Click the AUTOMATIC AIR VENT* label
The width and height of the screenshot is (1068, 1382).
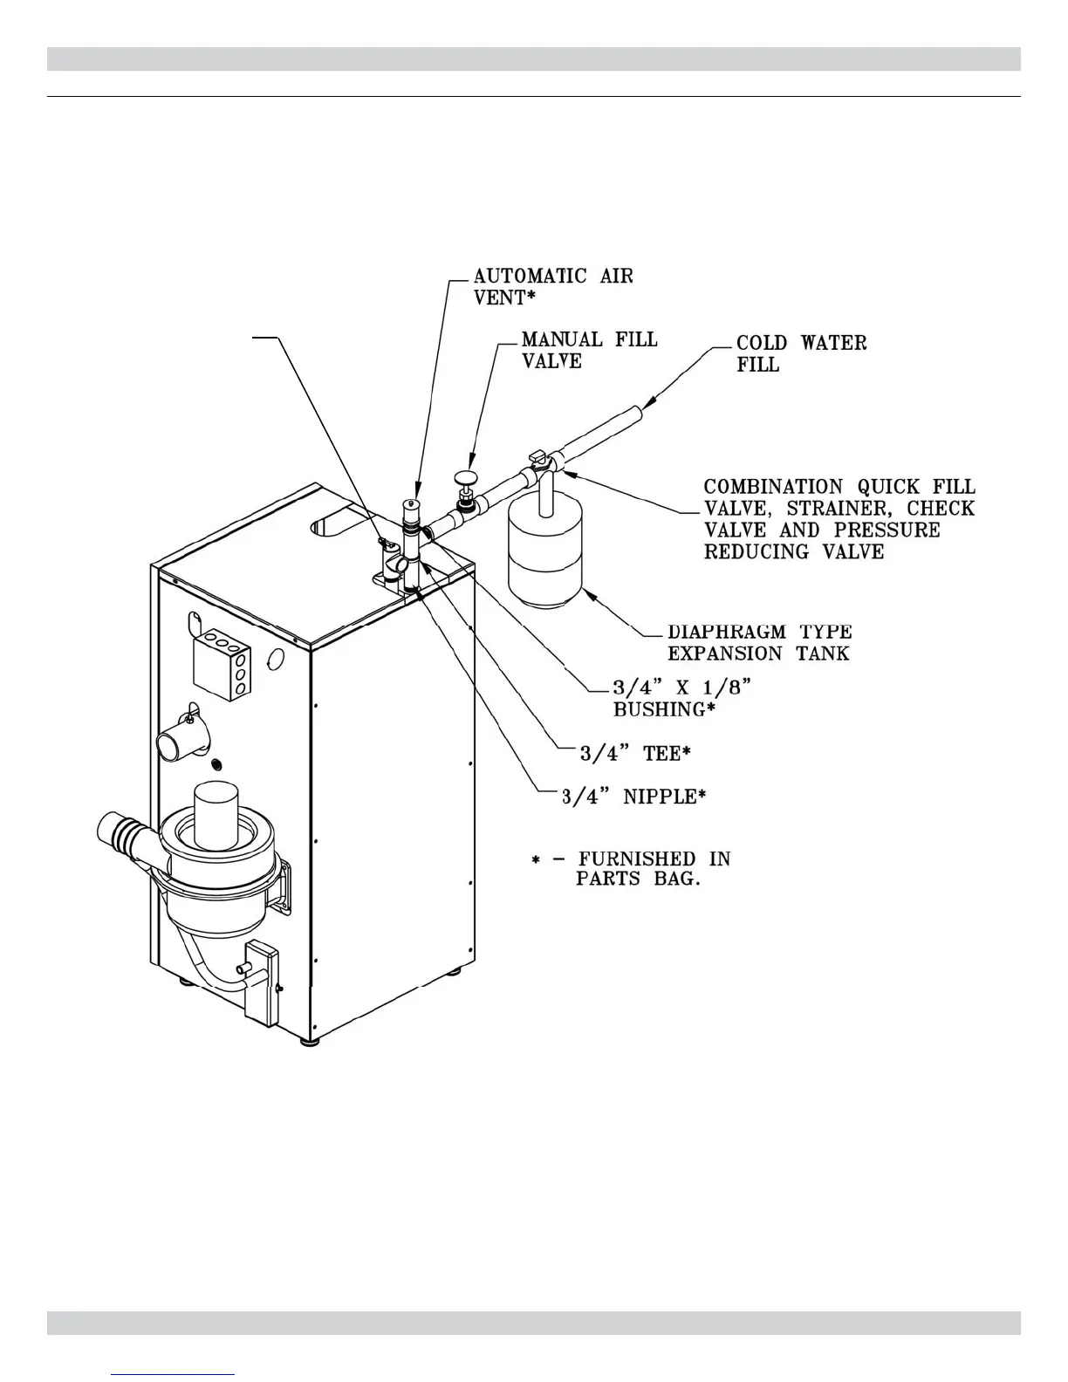click(x=553, y=286)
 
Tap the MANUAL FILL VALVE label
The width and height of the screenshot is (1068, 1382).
click(x=589, y=350)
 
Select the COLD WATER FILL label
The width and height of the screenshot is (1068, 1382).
click(x=801, y=353)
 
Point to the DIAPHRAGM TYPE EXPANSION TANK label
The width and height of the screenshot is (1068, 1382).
click(x=759, y=642)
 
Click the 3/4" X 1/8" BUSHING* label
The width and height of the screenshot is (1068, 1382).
click(x=681, y=698)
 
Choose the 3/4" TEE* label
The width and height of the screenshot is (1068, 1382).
click(x=631, y=753)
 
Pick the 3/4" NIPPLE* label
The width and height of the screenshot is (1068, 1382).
click(x=633, y=796)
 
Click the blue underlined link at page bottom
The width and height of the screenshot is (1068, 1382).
click(x=174, y=1374)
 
